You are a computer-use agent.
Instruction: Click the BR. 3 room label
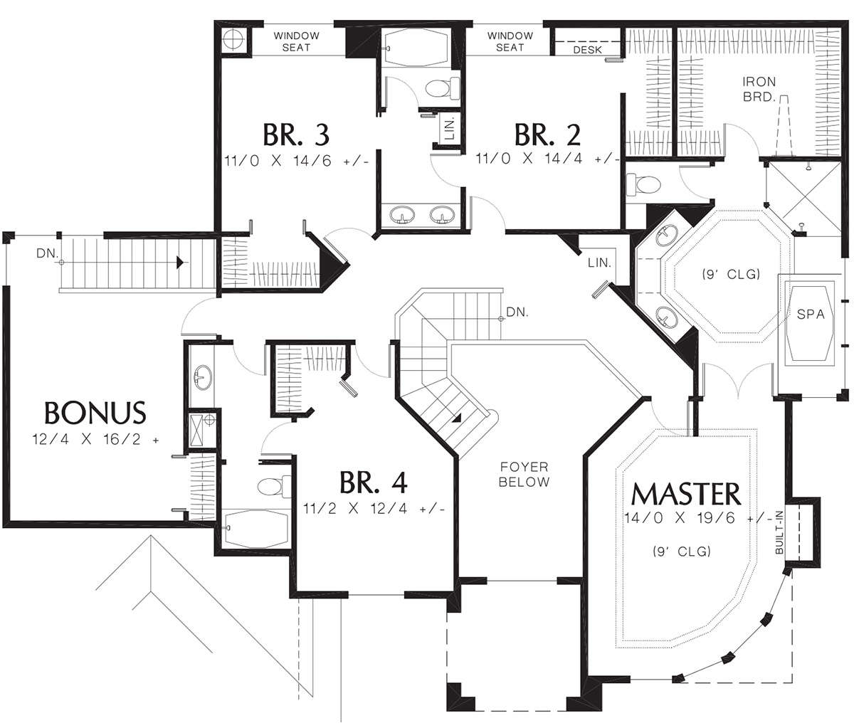pos(296,135)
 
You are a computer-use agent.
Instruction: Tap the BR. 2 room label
pos(547,134)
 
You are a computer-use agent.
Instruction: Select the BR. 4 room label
pos(374,482)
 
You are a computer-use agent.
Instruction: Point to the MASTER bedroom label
pos(686,493)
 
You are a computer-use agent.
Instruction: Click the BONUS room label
pos(95,412)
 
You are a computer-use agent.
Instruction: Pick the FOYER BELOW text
pos(524,475)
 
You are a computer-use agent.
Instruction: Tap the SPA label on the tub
pos(811,314)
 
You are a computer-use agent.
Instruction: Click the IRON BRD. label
pos(759,89)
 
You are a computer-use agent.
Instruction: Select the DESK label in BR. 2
pos(588,50)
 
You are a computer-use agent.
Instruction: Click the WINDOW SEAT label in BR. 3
pos(296,42)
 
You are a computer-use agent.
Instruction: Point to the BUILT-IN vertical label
pos(779,532)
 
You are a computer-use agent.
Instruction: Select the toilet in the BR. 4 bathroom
pos(274,486)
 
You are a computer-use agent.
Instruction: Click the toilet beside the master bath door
pos(643,184)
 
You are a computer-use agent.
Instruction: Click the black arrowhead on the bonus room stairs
pos(179,263)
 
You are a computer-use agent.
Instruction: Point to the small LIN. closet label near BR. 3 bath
pos(450,127)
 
